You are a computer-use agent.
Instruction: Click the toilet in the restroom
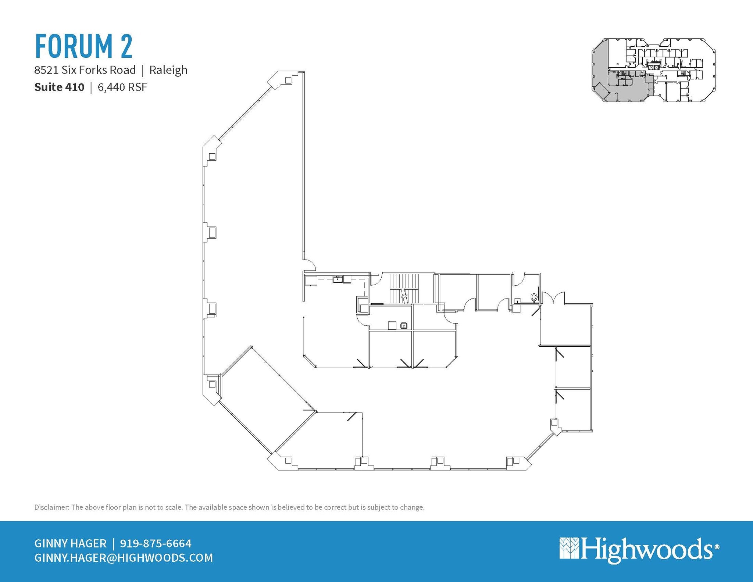534,296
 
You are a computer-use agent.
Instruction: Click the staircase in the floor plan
404,288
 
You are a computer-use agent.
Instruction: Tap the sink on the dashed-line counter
338,279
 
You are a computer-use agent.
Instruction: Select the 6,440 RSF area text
122,87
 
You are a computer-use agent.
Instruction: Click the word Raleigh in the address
168,70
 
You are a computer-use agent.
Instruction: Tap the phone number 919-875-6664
156,543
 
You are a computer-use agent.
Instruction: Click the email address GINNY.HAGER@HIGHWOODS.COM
124,558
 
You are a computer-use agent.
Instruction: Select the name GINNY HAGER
70,543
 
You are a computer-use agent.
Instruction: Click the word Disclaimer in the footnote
51,507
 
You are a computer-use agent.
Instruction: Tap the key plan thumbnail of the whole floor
653,70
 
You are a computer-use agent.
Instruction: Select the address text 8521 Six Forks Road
85,70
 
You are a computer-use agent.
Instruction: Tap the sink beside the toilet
517,301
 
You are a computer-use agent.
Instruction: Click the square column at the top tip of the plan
289,80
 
